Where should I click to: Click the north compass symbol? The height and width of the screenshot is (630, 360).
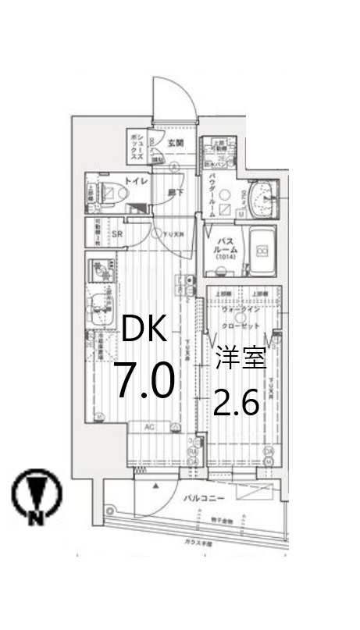[x=30, y=496]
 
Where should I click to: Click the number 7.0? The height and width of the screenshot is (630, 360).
[x=144, y=382]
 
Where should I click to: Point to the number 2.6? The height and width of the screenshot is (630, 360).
[x=237, y=404]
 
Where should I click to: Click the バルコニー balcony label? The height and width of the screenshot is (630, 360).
[x=205, y=497]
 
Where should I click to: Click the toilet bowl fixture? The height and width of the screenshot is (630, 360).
[x=112, y=190]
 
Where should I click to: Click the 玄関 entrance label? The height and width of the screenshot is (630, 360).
[x=176, y=143]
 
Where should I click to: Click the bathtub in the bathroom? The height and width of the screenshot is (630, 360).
[x=263, y=251]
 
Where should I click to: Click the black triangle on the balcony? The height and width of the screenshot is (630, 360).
[x=156, y=486]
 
